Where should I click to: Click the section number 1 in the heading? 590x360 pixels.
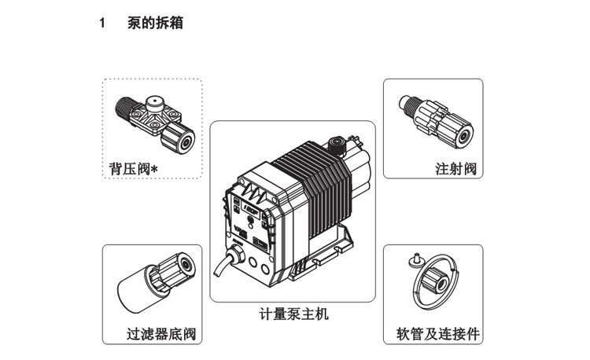coord(102,24)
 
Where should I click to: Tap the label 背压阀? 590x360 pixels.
coord(127,169)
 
